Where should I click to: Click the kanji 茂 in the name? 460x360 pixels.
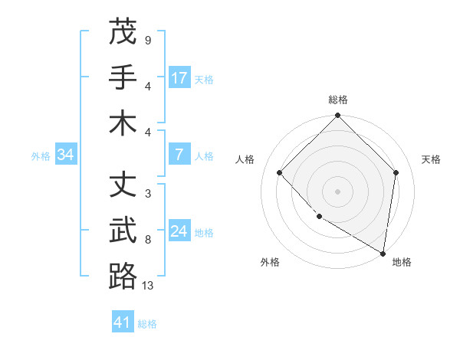[x=123, y=31]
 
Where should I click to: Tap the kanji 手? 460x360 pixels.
[x=123, y=77]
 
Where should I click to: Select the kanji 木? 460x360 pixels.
[x=123, y=123]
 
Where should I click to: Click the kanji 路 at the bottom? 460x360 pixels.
[x=123, y=276]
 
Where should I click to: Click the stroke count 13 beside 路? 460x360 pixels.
[x=148, y=286]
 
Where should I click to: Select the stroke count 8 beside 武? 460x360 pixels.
[x=147, y=240]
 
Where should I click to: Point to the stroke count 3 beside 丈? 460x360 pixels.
[x=147, y=194]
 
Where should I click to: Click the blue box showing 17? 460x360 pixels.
[x=179, y=78]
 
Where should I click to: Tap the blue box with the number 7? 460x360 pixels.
[x=179, y=155]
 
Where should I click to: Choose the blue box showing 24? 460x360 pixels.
[x=179, y=232]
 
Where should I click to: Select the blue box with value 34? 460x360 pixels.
[x=66, y=155]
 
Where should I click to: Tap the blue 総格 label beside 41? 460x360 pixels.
[x=147, y=324]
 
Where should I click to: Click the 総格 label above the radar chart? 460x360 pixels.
[x=338, y=100]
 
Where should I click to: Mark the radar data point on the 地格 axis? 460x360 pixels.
[x=383, y=253]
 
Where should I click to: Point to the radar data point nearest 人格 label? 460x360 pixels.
[x=280, y=173]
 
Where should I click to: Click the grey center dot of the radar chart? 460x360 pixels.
[x=337, y=191]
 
